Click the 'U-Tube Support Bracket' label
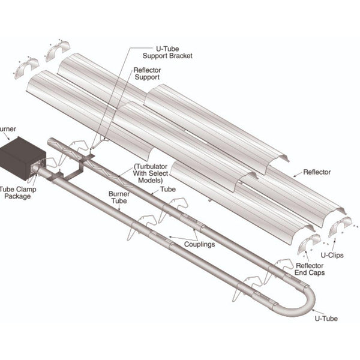tap(171, 52)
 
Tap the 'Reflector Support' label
tap(146, 73)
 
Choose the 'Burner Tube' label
tap(118, 198)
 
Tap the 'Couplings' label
tap(200, 244)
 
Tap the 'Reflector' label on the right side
tap(317, 172)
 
